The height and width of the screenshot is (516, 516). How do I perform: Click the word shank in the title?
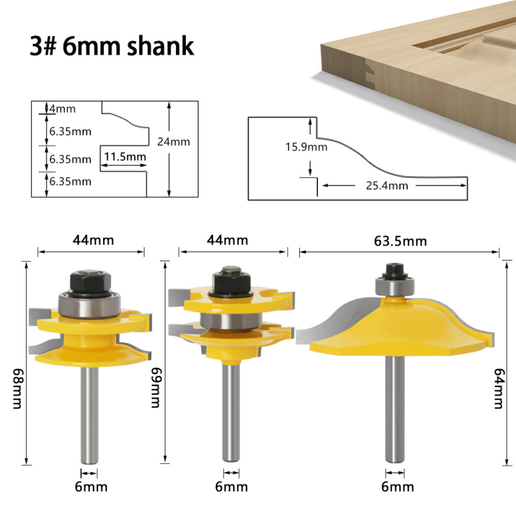[161, 46]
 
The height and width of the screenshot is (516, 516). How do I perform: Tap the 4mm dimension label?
[62, 108]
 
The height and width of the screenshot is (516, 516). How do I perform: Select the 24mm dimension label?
[174, 141]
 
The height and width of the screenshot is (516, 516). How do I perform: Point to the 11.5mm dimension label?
[125, 157]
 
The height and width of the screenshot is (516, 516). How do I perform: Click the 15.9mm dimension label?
[306, 147]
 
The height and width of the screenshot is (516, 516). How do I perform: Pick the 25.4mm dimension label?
[386, 186]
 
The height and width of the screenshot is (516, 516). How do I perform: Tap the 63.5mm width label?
[400, 241]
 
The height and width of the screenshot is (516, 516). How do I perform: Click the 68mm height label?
[17, 388]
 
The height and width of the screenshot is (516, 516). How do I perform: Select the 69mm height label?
[155, 388]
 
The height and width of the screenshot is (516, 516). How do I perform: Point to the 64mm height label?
[499, 388]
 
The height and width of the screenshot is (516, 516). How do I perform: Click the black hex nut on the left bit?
[90, 281]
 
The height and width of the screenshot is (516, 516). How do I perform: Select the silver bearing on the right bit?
[395, 286]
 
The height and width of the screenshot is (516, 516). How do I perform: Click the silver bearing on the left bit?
[90, 305]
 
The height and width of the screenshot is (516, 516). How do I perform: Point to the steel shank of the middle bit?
[231, 411]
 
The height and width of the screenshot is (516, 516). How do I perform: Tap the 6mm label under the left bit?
[91, 487]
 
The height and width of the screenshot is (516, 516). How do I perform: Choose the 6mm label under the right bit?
[397, 487]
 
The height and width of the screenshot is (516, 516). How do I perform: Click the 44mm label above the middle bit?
[228, 240]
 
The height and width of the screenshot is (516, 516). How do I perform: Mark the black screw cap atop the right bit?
[395, 270]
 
